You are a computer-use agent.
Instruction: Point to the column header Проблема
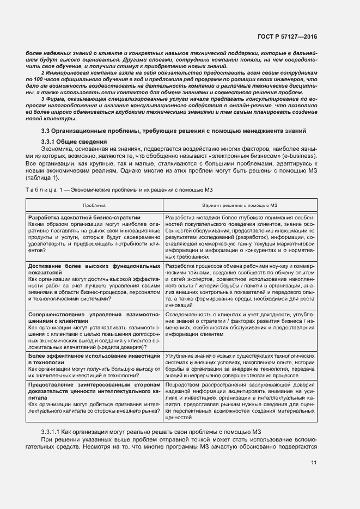[x=94, y=205]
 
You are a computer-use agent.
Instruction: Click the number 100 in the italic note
[x=35, y=79]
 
